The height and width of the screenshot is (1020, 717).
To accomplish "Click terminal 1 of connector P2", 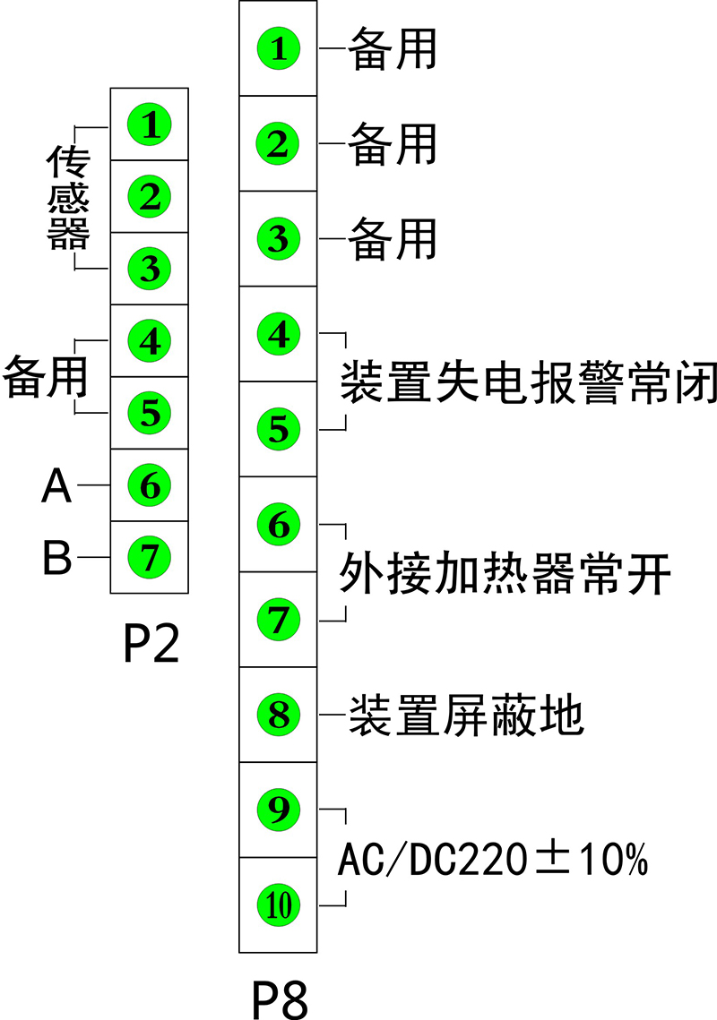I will point(149,124).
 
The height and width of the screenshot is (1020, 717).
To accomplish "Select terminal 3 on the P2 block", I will point(149,268).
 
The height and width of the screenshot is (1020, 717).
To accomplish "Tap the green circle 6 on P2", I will point(149,484).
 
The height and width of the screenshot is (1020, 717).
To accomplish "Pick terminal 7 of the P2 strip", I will point(149,557).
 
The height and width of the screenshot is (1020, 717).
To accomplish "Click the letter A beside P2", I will point(57,486).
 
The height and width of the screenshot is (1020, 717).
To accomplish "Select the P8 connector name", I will point(279,999).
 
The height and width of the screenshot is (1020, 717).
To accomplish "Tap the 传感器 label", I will point(68,197).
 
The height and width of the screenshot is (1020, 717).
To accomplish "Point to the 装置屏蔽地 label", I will point(465,716).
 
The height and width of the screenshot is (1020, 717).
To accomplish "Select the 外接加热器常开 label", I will point(505,573).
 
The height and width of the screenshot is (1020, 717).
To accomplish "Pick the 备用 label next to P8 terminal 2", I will point(392,144).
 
